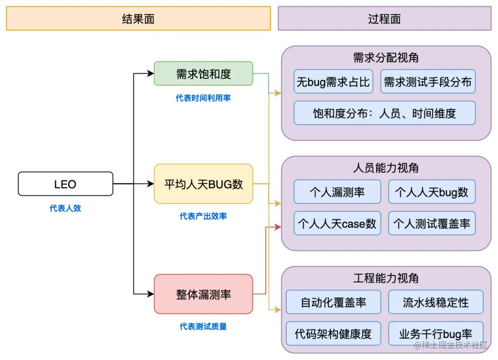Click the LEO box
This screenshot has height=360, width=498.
[x=65, y=184]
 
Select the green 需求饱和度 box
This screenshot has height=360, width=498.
[x=203, y=74]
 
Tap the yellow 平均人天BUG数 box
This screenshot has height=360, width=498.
[x=203, y=184]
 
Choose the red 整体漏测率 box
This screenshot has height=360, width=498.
[x=203, y=294]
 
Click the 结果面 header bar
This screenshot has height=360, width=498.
[x=138, y=18]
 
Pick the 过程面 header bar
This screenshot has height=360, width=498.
[x=385, y=18]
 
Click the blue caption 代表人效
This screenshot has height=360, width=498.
[x=65, y=208]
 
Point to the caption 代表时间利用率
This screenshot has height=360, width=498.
[x=203, y=98]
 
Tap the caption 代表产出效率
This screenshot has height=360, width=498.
[x=203, y=216]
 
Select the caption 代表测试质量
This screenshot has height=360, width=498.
[x=203, y=326]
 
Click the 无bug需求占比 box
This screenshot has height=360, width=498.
[x=333, y=82]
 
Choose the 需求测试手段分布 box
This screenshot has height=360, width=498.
[x=428, y=82]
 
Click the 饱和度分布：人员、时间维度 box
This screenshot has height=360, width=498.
[x=385, y=113]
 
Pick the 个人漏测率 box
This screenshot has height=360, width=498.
[x=338, y=192]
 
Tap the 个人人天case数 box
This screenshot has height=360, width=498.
[x=338, y=224]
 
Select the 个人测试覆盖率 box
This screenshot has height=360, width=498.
[x=432, y=224]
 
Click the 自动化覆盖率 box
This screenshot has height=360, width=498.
[x=333, y=302]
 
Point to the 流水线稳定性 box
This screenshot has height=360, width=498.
[x=436, y=302]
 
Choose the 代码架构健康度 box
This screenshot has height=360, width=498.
[x=333, y=333]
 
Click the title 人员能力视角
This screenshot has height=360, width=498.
[x=386, y=168]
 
